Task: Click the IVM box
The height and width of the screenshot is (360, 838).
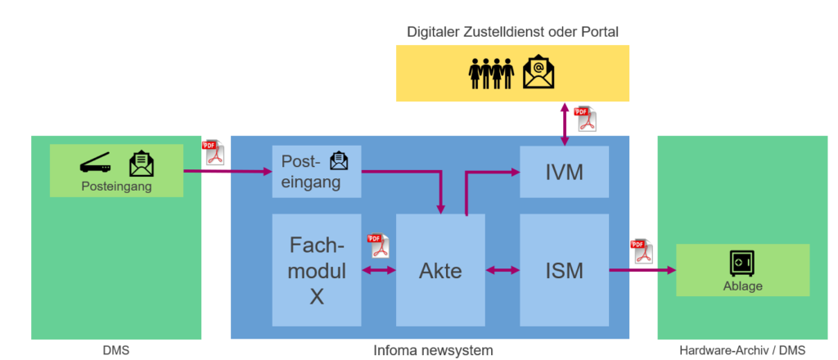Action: point(565,172)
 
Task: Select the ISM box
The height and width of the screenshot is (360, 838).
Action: point(565,270)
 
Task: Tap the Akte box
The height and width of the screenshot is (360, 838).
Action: point(441,270)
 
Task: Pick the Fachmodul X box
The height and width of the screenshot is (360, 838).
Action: point(317,270)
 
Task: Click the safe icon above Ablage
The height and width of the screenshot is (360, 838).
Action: point(742,263)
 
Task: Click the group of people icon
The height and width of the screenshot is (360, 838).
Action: point(490,74)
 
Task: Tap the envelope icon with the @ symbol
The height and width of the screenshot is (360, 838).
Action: point(538,72)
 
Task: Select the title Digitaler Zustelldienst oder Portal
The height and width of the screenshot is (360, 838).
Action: point(512,32)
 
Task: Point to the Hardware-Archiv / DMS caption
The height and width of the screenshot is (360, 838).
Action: point(742,350)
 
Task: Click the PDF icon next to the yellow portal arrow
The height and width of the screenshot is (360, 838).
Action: point(585,119)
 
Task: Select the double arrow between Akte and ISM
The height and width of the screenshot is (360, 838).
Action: point(502,270)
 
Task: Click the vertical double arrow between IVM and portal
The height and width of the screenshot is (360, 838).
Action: point(564,124)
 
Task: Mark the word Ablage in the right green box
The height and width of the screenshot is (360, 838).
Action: point(742,286)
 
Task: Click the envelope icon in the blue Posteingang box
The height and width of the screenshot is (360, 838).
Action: point(338,161)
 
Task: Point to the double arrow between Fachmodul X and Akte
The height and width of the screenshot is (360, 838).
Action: point(378,270)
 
